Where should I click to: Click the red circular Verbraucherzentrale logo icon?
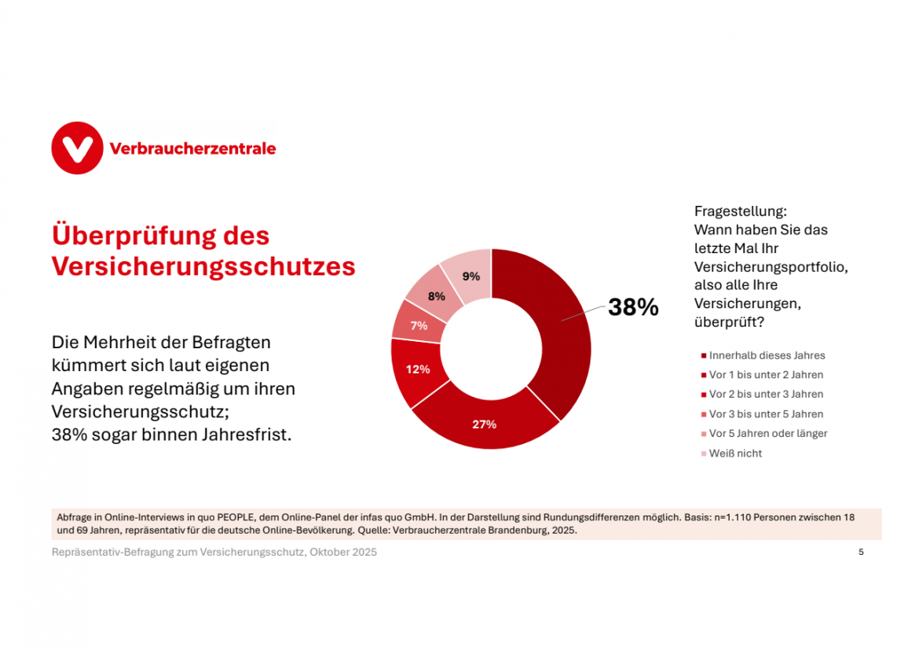(77, 148)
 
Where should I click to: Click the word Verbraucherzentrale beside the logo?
(193, 149)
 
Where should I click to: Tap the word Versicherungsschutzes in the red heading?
(203, 266)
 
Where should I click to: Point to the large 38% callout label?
(633, 307)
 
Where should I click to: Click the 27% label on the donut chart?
(484, 424)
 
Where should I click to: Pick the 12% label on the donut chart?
(417, 369)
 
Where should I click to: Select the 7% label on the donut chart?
(419, 325)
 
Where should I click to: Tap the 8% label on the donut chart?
(437, 296)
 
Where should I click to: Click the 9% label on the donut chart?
(471, 276)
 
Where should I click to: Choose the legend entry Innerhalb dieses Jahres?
(767, 355)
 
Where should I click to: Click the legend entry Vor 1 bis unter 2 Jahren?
(766, 375)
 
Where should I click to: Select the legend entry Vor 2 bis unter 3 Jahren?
(766, 395)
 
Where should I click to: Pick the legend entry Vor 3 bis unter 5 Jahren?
(766, 414)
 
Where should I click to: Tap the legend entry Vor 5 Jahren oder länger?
(767, 434)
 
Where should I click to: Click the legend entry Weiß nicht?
(735, 454)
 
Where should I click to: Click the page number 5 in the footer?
(861, 552)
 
